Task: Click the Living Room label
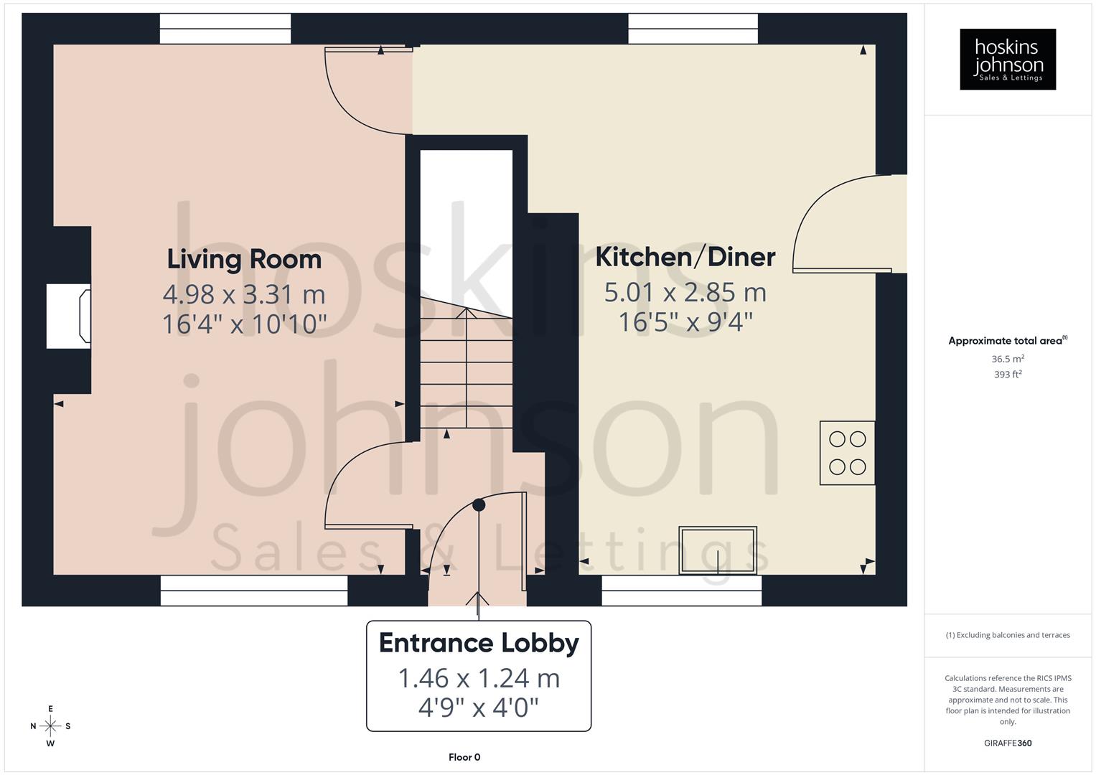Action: (x=244, y=259)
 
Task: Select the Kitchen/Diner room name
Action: (x=685, y=257)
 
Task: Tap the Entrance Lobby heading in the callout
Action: (x=479, y=643)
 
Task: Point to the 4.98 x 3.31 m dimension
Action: (x=244, y=294)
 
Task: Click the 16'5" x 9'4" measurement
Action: (x=685, y=322)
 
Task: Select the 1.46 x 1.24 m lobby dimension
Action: (x=479, y=678)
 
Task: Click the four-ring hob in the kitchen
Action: (x=847, y=453)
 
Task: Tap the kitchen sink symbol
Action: (x=718, y=550)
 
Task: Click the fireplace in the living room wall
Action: (x=69, y=316)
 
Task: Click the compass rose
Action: (x=50, y=726)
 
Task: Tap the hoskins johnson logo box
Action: (x=1008, y=59)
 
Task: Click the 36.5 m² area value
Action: (x=1008, y=359)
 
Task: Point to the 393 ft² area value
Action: (x=1008, y=375)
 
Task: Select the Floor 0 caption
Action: (x=464, y=757)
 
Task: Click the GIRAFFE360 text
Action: (x=1008, y=743)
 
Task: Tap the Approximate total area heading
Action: (x=1006, y=341)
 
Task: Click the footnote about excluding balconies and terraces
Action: (x=1008, y=635)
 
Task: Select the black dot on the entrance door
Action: (x=479, y=505)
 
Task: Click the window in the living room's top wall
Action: (x=225, y=29)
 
